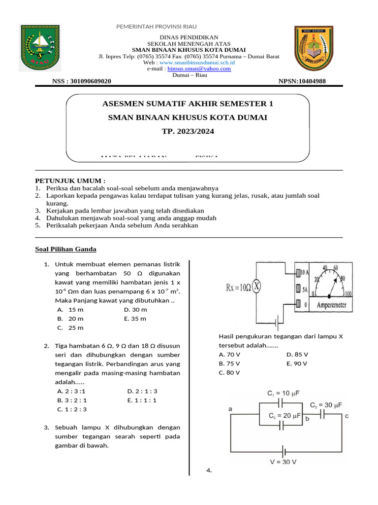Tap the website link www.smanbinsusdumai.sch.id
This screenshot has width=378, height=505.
pyautogui.click(x=197, y=63)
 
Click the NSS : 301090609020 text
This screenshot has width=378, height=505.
pyautogui.click(x=81, y=81)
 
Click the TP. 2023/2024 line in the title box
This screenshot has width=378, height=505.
pyautogui.click(x=188, y=132)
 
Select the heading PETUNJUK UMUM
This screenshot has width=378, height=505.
pyautogui.click(x=70, y=181)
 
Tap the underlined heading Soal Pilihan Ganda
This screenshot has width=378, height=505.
pyautogui.click(x=65, y=249)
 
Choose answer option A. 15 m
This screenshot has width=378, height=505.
pyautogui.click(x=70, y=310)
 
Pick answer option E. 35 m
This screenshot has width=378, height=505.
pyautogui.click(x=135, y=319)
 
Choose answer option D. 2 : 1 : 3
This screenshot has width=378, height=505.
pyautogui.click(x=142, y=391)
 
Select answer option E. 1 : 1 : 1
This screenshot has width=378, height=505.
pyautogui.click(x=141, y=400)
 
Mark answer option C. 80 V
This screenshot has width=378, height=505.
pyautogui.click(x=229, y=372)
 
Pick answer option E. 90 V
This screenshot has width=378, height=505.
pyautogui.click(x=297, y=363)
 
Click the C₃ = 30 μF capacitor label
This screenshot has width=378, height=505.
pyautogui.click(x=325, y=405)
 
